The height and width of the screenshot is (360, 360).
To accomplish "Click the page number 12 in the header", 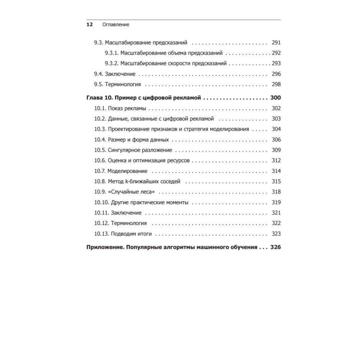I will pyautogui.click(x=90, y=25).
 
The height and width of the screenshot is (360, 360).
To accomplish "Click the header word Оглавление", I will pyautogui.click(x=116, y=25).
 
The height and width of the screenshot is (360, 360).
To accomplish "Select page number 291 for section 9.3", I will pyautogui.click(x=276, y=42).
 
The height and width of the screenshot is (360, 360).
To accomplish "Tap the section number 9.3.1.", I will pyautogui.click(x=112, y=53).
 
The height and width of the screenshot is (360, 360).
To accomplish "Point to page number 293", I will pyautogui.click(x=276, y=63).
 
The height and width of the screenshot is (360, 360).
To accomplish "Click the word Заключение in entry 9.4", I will pyautogui.click(x=120, y=74).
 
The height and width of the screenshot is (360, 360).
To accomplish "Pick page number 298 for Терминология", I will pyautogui.click(x=276, y=84).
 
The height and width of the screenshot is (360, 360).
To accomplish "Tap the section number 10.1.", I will pyautogui.click(x=100, y=108).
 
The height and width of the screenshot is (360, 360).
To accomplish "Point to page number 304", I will pyautogui.click(x=276, y=129).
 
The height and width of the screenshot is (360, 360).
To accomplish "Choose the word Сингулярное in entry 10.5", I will pyautogui.click(x=123, y=150).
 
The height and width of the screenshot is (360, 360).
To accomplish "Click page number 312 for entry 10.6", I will pyautogui.click(x=276, y=161).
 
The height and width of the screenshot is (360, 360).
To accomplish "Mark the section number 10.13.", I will pyautogui.click(x=102, y=234).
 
